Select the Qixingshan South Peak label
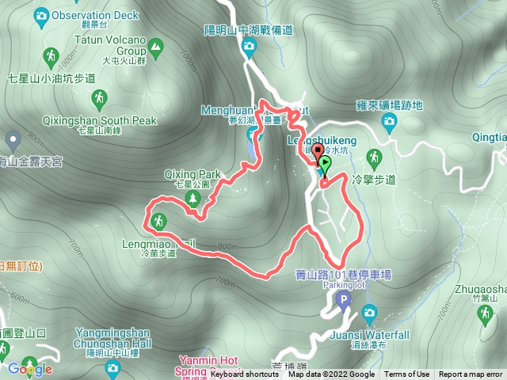point(98,121)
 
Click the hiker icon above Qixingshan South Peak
point(99,99)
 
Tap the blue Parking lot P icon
point(343,299)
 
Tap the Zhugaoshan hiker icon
point(484,314)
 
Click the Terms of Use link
point(407,374)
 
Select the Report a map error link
point(471,374)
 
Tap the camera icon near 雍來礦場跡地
point(389,120)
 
